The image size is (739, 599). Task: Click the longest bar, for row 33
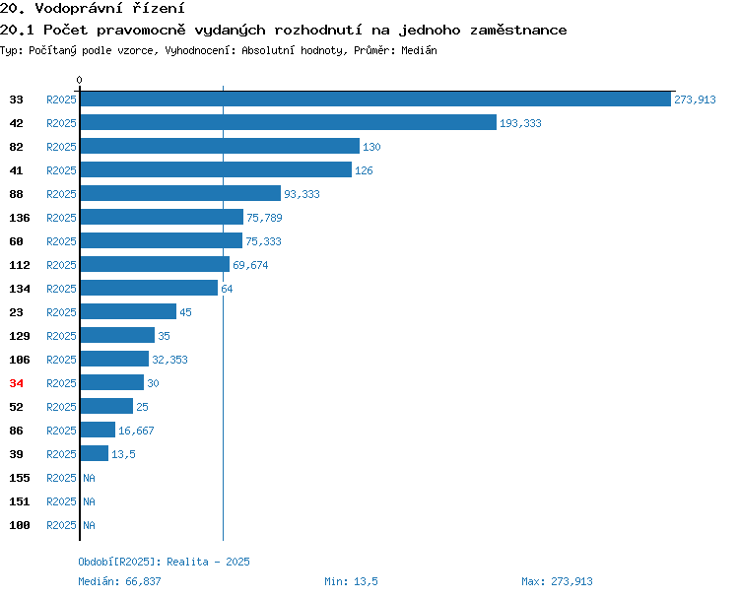(x=375, y=99)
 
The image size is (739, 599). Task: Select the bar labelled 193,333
(x=289, y=122)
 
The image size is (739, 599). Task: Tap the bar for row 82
(x=220, y=146)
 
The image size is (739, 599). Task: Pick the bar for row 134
(x=149, y=288)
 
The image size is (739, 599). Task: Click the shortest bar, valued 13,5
(x=95, y=453)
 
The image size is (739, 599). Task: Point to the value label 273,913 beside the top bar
(x=695, y=100)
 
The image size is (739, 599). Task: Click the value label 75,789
(x=264, y=218)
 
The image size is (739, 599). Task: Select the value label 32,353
(x=169, y=360)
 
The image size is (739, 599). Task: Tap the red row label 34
(x=16, y=383)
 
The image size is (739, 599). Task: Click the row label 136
(x=20, y=218)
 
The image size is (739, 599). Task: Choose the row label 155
(x=20, y=478)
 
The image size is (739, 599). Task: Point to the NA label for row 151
(x=89, y=501)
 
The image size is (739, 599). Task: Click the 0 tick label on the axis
(x=79, y=80)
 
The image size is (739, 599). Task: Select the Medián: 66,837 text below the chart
(x=119, y=581)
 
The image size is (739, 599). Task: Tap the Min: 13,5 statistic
(x=351, y=581)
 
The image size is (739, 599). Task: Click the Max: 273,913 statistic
(x=557, y=581)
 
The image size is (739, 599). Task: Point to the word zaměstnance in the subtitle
(x=518, y=31)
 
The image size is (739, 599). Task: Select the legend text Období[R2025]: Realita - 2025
(x=164, y=562)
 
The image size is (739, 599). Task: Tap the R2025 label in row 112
(x=61, y=265)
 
